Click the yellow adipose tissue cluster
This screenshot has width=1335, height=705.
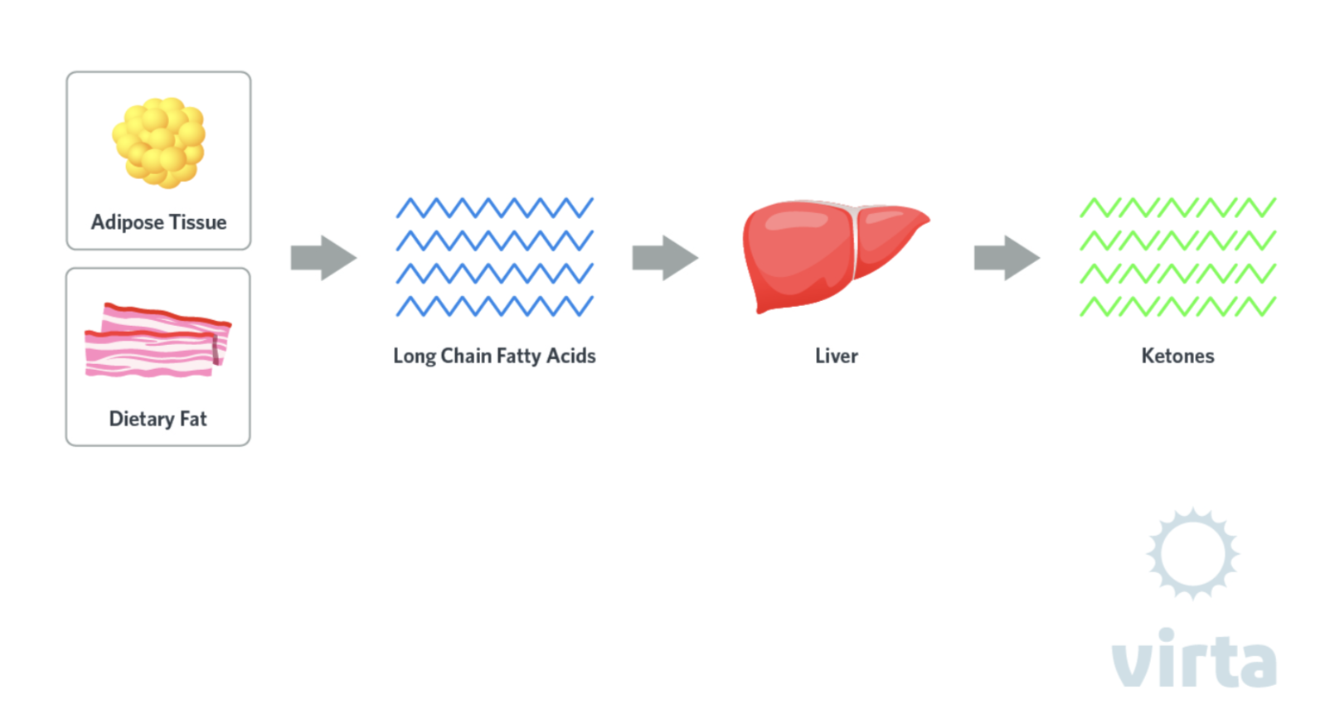click(158, 142)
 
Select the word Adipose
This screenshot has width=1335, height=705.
click(127, 222)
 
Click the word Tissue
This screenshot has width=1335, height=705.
click(197, 222)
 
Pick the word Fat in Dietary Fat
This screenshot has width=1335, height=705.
click(193, 419)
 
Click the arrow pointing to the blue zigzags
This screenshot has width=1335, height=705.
click(323, 258)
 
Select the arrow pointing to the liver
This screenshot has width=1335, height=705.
click(664, 258)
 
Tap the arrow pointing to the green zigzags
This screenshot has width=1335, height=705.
click(1006, 258)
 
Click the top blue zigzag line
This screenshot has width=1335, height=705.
click(494, 207)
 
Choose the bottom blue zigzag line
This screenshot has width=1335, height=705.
click(494, 307)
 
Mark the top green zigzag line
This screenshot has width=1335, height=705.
click(1177, 207)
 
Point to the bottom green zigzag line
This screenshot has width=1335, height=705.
click(1177, 307)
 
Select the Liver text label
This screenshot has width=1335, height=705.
click(836, 356)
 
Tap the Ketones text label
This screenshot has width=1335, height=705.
click(1177, 356)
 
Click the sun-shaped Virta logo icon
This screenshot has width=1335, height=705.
click(1192, 553)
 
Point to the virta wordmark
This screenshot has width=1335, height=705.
click(1193, 659)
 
